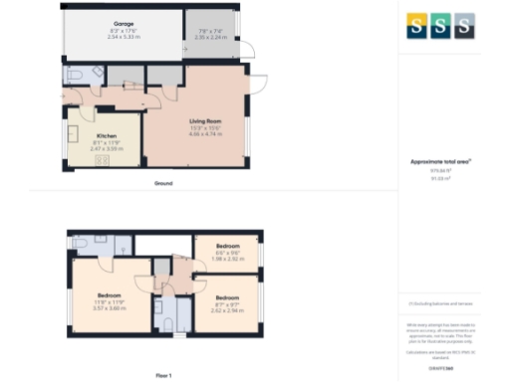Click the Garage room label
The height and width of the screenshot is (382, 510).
[x=123, y=22]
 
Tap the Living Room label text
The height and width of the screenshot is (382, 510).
[x=204, y=121]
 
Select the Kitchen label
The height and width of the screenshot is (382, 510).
[x=106, y=136]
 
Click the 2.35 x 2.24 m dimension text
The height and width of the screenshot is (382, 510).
[x=211, y=36]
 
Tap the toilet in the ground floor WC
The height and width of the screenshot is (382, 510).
[x=73, y=75]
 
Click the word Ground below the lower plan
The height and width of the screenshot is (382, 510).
[x=163, y=184]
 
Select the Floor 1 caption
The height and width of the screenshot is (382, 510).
[x=163, y=375]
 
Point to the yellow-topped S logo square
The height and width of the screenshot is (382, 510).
[x=417, y=26]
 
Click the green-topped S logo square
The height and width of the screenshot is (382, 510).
[x=440, y=26]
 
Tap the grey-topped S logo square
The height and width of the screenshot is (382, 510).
[x=463, y=26]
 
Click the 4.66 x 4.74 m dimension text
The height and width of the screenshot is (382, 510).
[x=205, y=133]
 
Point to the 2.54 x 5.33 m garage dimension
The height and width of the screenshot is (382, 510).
[x=123, y=36]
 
